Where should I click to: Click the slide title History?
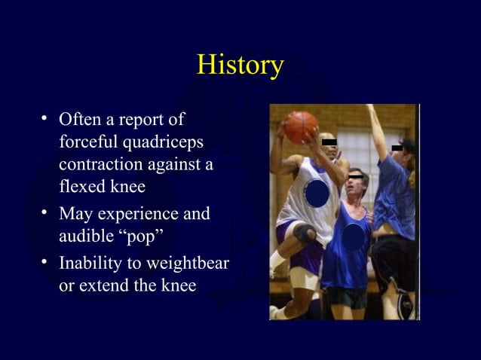click(x=240, y=65)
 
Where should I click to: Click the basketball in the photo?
click(x=300, y=126)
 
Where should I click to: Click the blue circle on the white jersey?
click(x=316, y=193)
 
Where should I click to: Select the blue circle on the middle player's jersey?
click(x=353, y=239)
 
